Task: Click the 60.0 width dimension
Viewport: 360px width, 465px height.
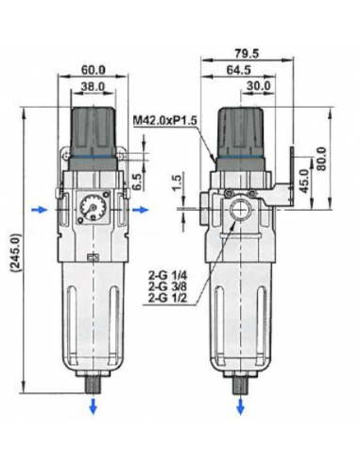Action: pyautogui.click(x=92, y=69)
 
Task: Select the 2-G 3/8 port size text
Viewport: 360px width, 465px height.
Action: pyautogui.click(x=169, y=287)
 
